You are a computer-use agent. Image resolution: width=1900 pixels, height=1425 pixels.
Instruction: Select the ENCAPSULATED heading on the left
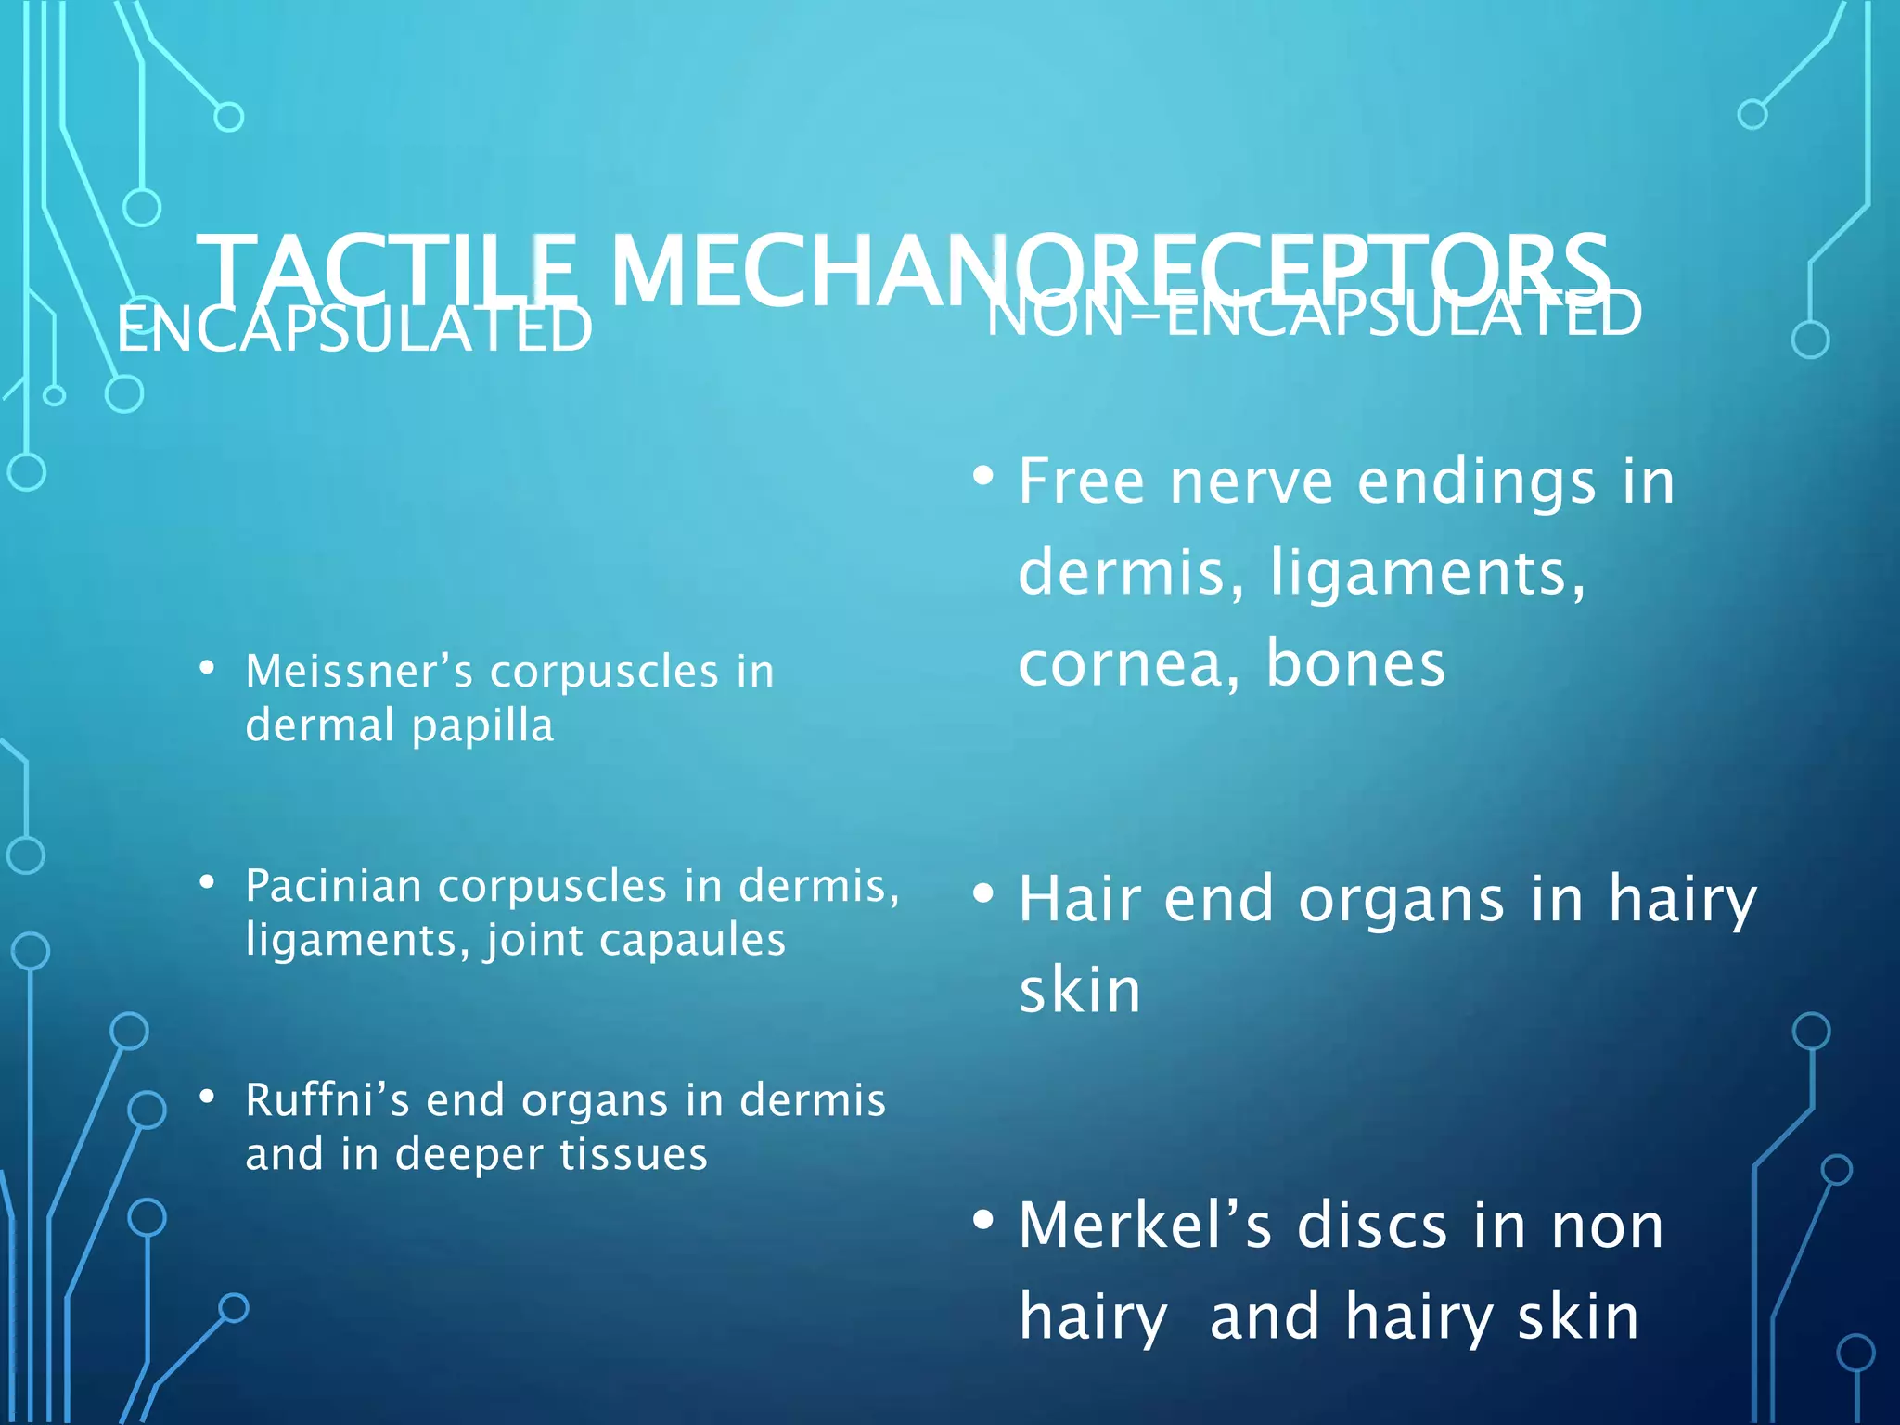[354, 328]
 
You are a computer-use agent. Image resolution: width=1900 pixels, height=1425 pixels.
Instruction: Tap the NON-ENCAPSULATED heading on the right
[1314, 314]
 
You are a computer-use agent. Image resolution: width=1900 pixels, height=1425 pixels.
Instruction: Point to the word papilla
[482, 725]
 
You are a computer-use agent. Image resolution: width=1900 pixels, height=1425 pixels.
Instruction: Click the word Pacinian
[334, 886]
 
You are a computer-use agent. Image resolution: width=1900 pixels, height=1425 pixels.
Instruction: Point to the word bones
[1355, 664]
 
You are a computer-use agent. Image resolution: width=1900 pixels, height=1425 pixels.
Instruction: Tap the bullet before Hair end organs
[983, 893]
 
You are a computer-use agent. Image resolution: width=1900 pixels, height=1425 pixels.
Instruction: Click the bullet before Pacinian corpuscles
[207, 881]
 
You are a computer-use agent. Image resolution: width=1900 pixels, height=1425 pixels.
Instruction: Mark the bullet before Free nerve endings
[983, 477]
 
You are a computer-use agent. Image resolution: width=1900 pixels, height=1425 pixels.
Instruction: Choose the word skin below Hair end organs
[1080, 991]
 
